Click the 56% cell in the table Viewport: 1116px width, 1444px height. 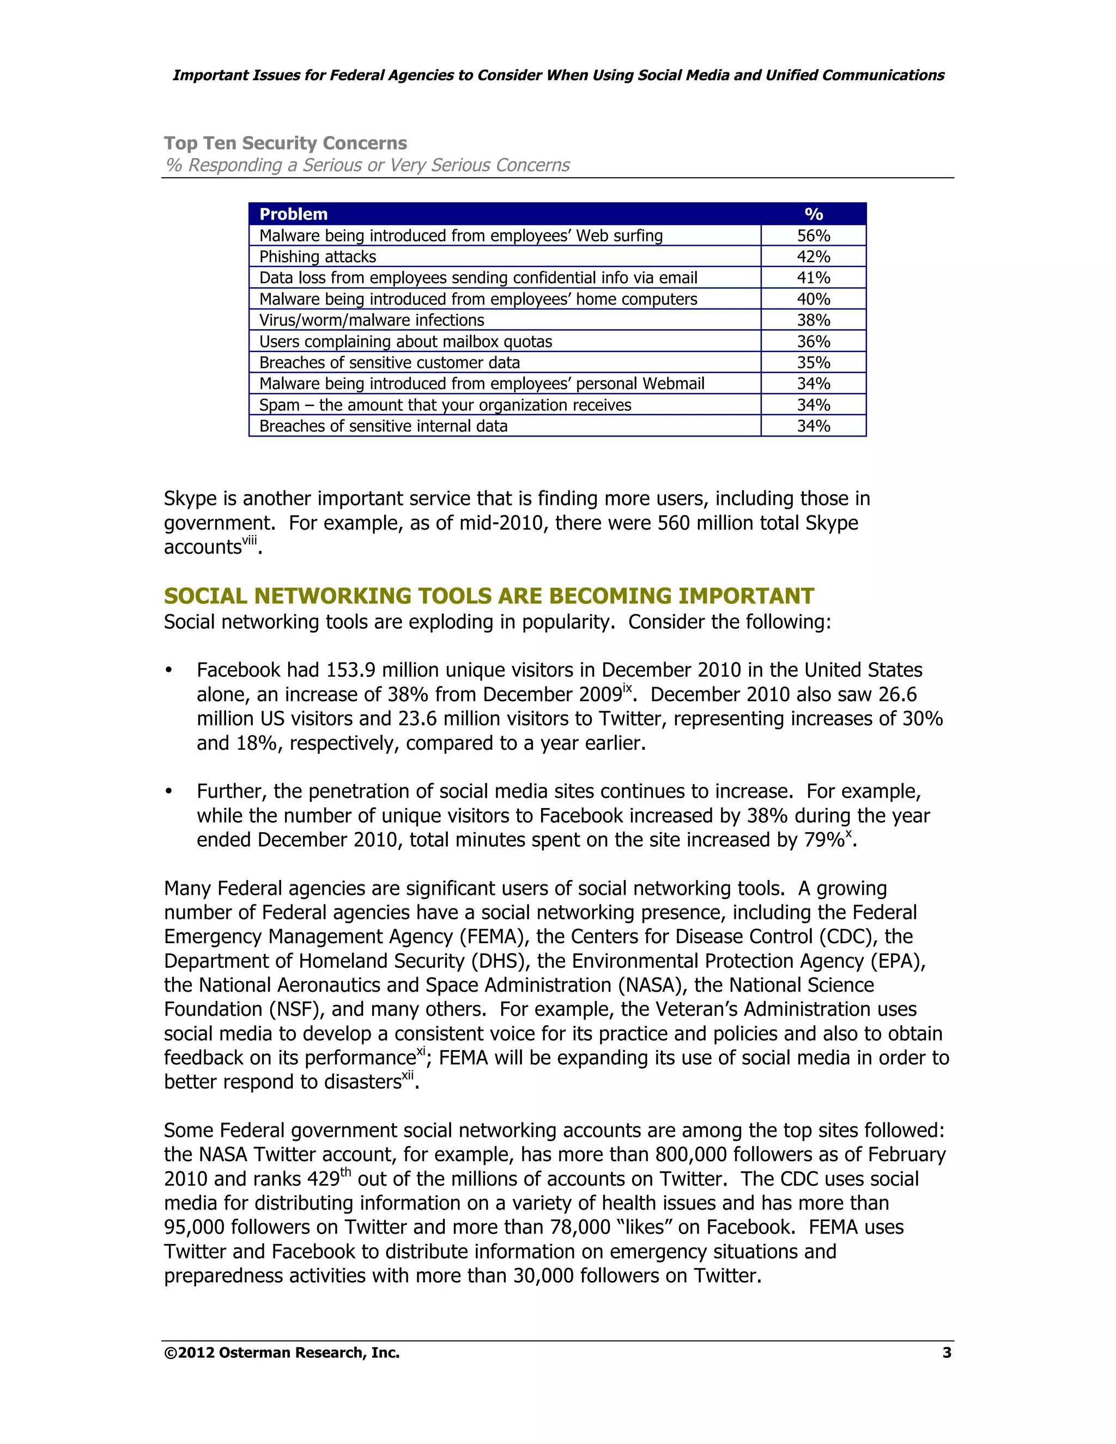812,236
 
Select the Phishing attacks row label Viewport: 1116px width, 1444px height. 317,257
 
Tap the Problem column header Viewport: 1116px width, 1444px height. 294,214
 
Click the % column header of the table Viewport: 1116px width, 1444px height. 813,214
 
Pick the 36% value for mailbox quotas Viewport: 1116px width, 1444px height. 812,342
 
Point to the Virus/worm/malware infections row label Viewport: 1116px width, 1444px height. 372,320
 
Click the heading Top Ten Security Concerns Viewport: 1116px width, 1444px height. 285,143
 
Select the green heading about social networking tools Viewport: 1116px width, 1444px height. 489,596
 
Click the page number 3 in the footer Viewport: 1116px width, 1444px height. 946,1353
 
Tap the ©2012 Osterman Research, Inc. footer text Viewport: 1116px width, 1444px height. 282,1353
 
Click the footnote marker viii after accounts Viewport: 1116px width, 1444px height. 249,541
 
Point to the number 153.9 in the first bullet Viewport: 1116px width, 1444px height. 350,670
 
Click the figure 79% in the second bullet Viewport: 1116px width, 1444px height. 824,840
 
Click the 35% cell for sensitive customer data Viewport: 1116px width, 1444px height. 812,363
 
